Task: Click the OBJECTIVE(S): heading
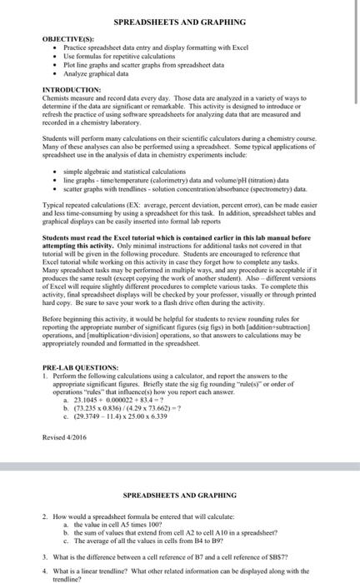[x=67, y=38]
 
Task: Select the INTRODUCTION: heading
[x=71, y=89]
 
